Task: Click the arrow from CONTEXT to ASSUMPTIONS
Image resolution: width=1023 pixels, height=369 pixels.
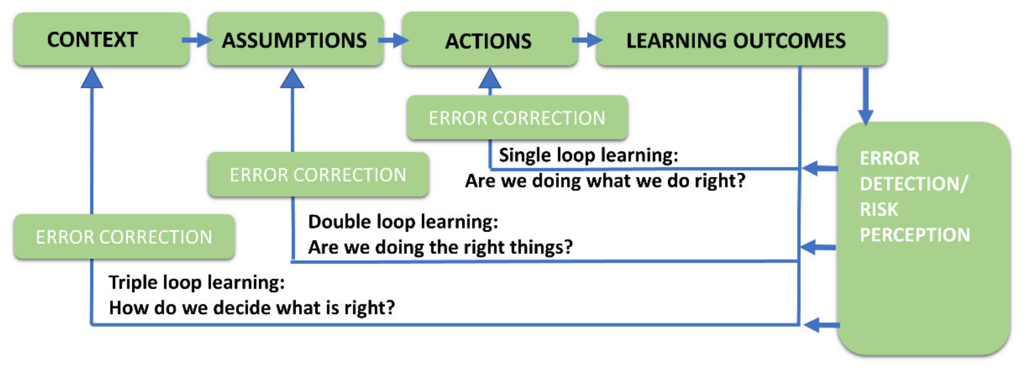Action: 196,40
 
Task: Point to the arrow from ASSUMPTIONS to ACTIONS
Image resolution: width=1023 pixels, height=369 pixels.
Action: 393,40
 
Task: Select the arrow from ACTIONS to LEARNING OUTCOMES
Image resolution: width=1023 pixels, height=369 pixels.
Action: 587,40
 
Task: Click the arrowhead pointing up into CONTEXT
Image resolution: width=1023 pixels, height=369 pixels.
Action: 92,78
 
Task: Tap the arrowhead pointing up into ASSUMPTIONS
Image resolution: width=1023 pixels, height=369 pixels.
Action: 292,78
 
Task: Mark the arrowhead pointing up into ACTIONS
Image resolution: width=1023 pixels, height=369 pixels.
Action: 490,78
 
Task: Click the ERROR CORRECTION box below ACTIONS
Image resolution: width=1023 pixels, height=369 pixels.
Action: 517,118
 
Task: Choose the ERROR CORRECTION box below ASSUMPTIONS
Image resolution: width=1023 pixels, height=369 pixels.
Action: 318,174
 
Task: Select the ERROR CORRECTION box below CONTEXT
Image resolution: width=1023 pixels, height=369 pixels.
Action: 124,236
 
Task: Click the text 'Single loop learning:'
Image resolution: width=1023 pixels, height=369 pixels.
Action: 588,155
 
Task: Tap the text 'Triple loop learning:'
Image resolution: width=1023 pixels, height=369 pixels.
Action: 196,283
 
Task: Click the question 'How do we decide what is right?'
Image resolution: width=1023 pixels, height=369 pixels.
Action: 252,308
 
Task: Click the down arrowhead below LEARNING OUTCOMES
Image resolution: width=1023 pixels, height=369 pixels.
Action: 866,117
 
